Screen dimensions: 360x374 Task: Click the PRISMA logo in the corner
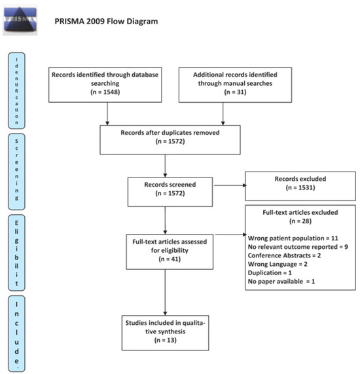click(x=20, y=20)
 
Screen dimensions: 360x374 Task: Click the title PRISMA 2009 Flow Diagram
click(x=106, y=22)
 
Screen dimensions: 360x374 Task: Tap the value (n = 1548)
click(x=105, y=92)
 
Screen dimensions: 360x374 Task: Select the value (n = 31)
click(x=235, y=92)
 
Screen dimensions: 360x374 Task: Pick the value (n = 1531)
click(x=300, y=188)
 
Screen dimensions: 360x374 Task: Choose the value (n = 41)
click(x=170, y=259)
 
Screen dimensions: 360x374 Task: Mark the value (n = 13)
click(x=165, y=340)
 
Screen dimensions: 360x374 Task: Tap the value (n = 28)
click(x=300, y=221)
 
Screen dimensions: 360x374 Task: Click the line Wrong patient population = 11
click(x=293, y=238)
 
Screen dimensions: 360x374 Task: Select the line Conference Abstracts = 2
click(x=284, y=255)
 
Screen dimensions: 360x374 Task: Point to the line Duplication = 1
click(x=270, y=272)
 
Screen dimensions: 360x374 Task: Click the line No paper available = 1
click(x=281, y=282)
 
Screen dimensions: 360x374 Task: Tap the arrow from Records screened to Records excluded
click(x=230, y=185)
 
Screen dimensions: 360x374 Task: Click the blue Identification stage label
click(x=16, y=90)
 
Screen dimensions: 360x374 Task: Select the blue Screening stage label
click(x=16, y=172)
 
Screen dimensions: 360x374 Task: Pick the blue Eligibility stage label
click(x=16, y=253)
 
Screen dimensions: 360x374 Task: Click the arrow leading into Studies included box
click(x=165, y=292)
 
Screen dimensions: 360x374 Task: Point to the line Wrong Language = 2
click(x=278, y=264)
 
